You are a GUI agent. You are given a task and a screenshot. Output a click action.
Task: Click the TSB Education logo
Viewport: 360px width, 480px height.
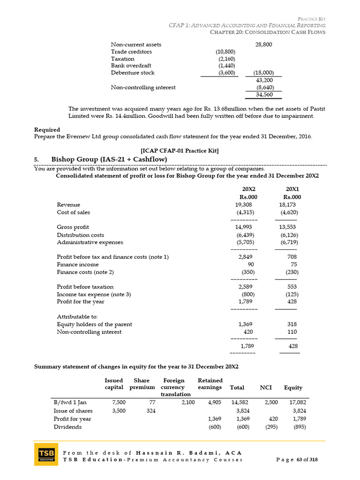tap(46, 454)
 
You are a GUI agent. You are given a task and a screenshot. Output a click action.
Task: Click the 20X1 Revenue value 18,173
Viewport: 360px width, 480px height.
tap(288, 205)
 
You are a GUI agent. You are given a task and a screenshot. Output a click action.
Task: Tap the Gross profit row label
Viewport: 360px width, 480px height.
tap(73, 227)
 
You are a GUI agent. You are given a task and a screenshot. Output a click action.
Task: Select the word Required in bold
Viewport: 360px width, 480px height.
tap(47, 129)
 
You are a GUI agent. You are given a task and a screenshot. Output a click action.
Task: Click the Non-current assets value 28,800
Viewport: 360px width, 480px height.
tap(263, 45)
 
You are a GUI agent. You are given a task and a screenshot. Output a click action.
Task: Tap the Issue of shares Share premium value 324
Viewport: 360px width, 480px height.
tap(146, 411)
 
